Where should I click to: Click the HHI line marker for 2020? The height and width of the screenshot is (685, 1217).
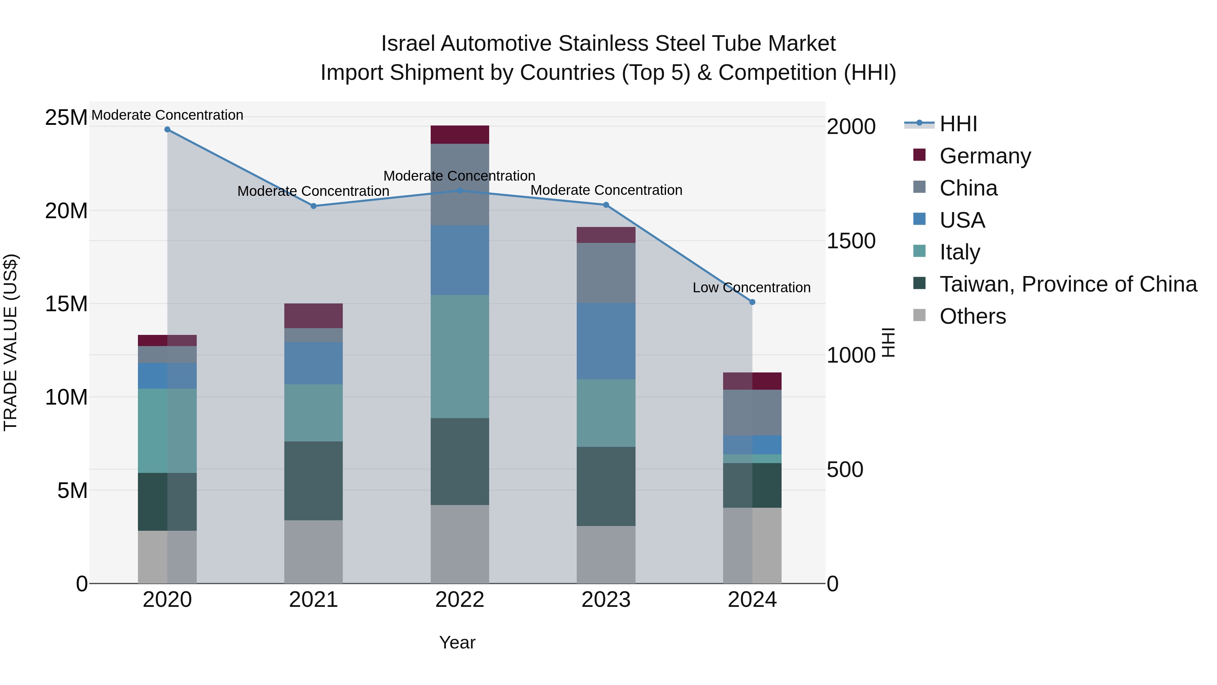(167, 130)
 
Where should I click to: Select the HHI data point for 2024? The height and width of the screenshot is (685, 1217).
(752, 302)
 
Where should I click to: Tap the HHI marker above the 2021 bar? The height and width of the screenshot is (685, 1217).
(313, 206)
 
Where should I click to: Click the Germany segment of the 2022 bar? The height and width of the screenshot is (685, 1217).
(460, 135)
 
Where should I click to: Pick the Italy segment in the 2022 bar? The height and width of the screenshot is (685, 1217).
(460, 357)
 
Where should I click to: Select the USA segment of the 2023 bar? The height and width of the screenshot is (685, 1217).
(606, 341)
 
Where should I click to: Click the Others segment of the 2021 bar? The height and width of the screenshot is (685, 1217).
(313, 552)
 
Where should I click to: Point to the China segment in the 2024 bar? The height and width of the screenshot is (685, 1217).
(752, 412)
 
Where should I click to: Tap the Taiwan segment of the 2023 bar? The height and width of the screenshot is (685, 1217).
(606, 486)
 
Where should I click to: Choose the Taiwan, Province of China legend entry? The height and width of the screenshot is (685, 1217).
(1068, 284)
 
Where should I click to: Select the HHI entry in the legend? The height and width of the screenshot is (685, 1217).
(958, 124)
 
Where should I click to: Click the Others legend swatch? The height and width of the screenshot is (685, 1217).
(920, 315)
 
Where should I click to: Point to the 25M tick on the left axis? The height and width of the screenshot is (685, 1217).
(66, 117)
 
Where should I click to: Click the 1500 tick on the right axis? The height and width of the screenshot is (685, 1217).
(851, 241)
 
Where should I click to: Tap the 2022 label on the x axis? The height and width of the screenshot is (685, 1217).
(460, 600)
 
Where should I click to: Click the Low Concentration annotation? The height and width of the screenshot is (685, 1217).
(751, 288)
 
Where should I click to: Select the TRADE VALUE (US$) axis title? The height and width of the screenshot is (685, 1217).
(10, 342)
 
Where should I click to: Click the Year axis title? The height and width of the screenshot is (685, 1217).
(457, 642)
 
